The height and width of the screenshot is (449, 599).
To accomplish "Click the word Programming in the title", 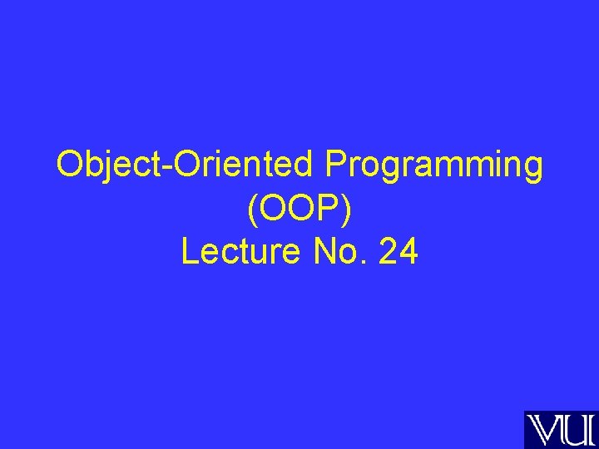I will pyautogui.click(x=434, y=166).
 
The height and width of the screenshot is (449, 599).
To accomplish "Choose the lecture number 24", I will pyautogui.click(x=398, y=252).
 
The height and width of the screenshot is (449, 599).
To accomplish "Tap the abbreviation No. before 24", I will pyautogui.click(x=339, y=252).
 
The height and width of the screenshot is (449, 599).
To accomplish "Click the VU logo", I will pyautogui.click(x=559, y=429).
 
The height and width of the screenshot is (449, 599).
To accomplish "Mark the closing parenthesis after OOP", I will pyautogui.click(x=347, y=210).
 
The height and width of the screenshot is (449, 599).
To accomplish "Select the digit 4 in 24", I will pyautogui.click(x=408, y=252).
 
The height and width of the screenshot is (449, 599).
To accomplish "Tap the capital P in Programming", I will pyautogui.click(x=335, y=165).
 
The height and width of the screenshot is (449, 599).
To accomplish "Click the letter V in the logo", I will pyautogui.click(x=545, y=430).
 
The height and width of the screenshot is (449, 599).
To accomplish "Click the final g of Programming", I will pyautogui.click(x=532, y=170).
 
